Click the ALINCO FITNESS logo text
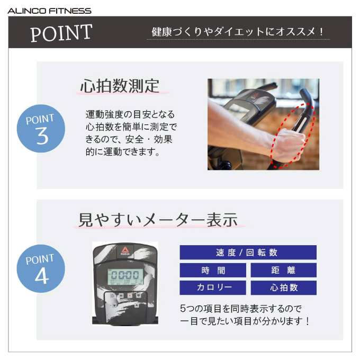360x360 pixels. [49, 11]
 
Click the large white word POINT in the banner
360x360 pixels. [61, 33]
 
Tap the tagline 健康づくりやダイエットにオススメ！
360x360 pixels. [238, 32]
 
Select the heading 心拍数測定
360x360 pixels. [120, 86]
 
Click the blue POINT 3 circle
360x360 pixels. [41, 129]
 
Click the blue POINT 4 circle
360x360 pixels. [41, 268]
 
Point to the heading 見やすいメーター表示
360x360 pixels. [158, 220]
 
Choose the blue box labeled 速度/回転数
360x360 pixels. [248, 253]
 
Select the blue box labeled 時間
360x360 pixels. [213, 270]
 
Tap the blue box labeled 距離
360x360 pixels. [284, 270]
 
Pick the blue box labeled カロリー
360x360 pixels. [213, 287]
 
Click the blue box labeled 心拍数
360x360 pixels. [284, 287]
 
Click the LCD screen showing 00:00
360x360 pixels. [125, 277]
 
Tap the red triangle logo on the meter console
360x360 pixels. [125, 250]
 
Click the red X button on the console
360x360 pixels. [130, 295]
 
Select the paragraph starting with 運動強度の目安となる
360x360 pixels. [131, 133]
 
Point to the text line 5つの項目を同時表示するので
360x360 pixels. [240, 309]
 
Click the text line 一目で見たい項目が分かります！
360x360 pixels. [245, 321]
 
